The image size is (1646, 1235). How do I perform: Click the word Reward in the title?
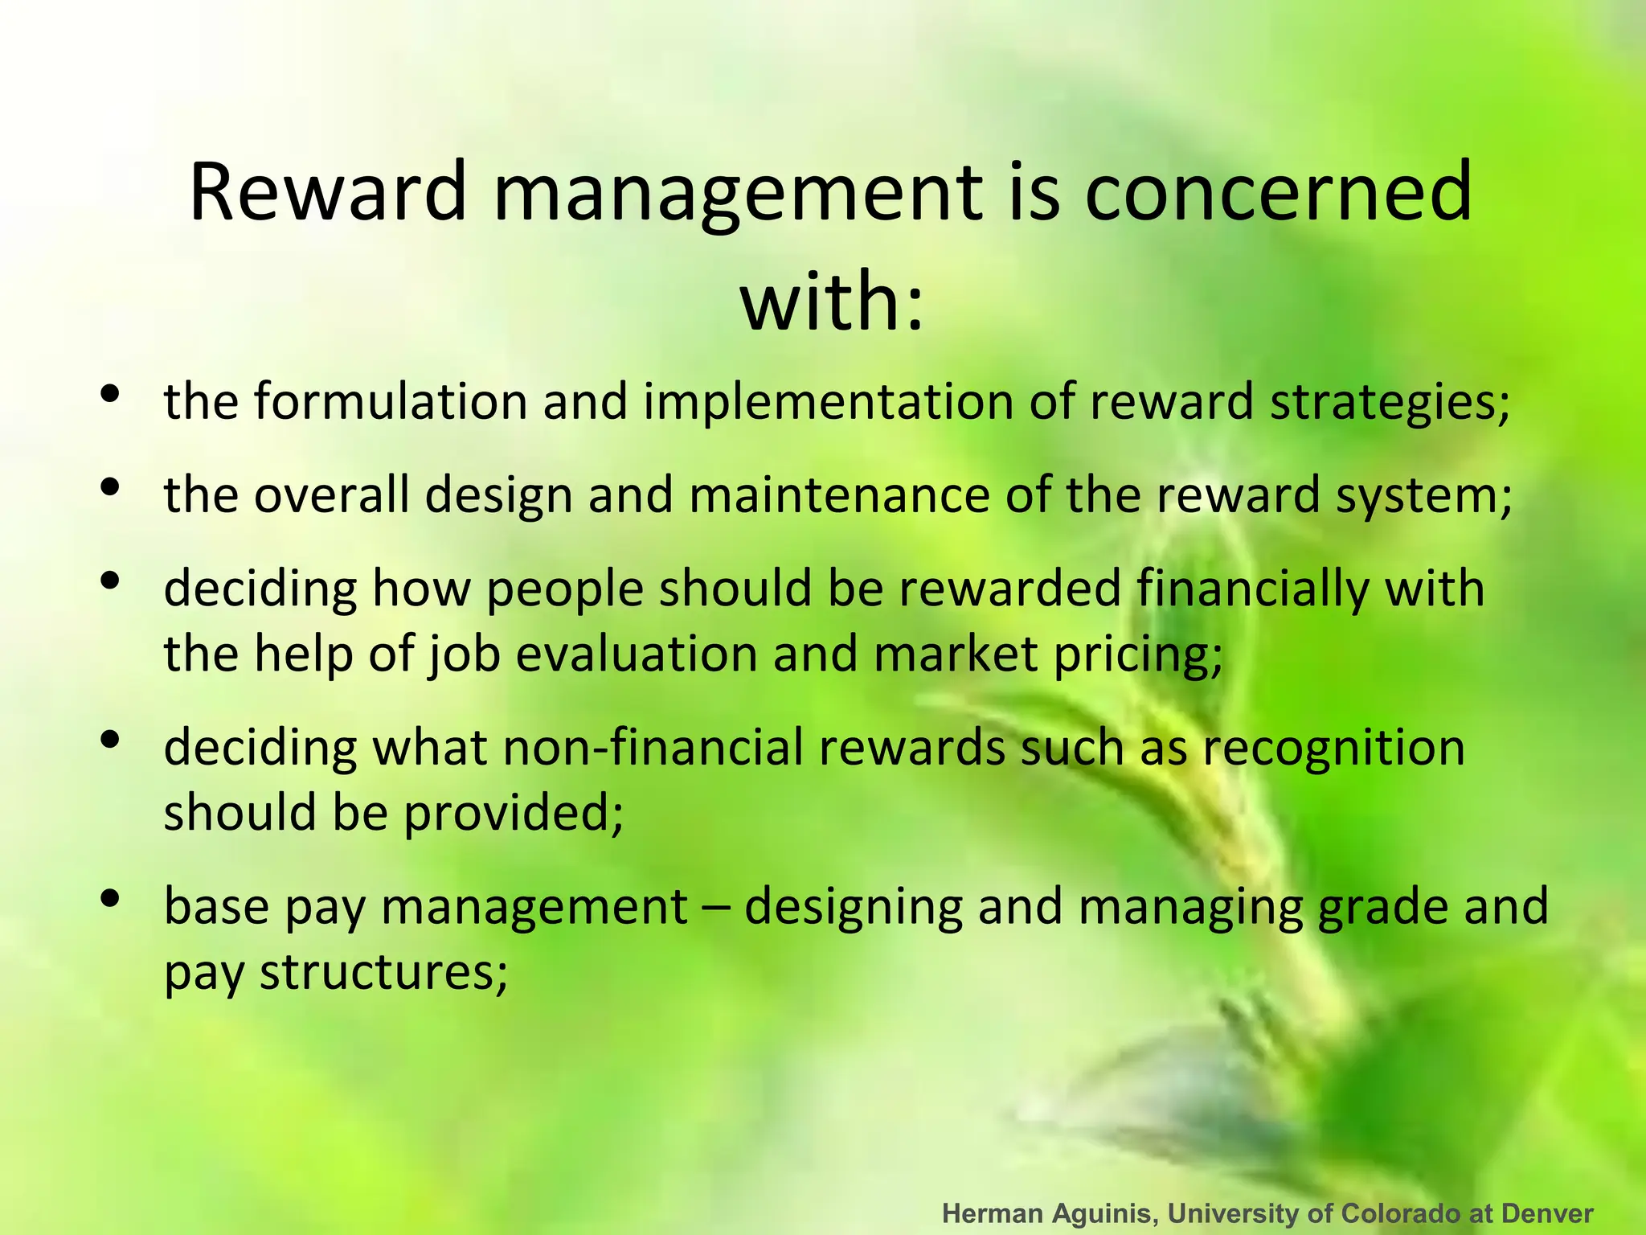tap(327, 192)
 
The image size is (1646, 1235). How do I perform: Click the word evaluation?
tap(636, 654)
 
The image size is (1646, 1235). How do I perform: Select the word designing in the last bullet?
tap(853, 908)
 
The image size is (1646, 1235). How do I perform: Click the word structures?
tap(383, 972)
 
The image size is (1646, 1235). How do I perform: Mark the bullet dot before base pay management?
tap(111, 897)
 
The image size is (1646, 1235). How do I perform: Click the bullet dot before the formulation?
tap(111, 394)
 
